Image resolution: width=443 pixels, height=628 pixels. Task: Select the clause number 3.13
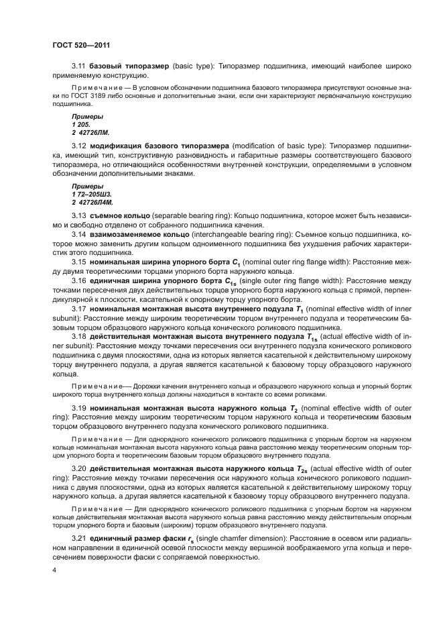pos(79,215)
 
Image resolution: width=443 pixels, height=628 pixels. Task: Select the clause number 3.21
pos(79,539)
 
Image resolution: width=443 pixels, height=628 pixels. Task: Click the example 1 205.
pos(79,125)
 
